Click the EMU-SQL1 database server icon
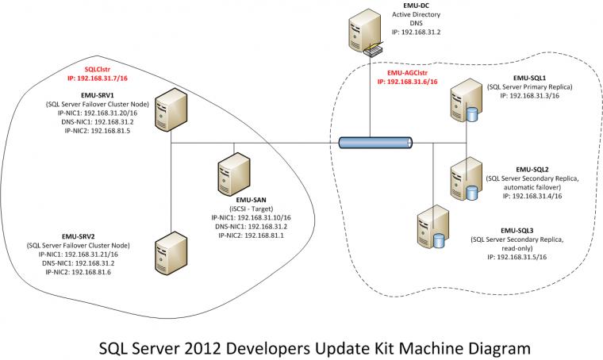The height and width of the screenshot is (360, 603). point(463,101)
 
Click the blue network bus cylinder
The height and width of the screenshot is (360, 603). point(375,143)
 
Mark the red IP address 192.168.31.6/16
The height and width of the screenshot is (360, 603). point(406,81)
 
